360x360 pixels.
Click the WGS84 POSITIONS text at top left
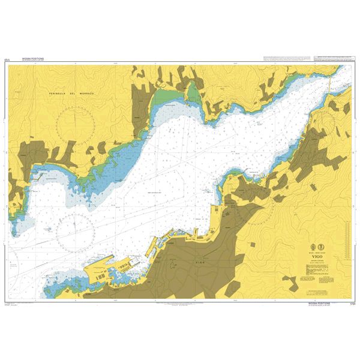pyautogui.click(x=32, y=59)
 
